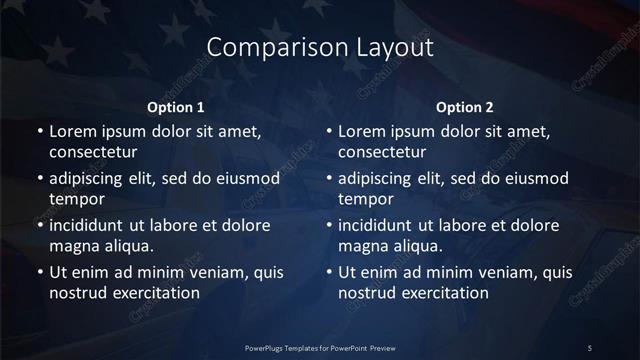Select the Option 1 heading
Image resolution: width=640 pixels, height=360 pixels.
coord(176,107)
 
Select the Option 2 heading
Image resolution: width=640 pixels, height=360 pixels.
coord(466,107)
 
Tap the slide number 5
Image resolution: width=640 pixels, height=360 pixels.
coord(590,347)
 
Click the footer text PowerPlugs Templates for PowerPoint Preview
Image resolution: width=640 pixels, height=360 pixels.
coord(319,347)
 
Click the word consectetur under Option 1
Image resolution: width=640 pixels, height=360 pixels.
coord(93,152)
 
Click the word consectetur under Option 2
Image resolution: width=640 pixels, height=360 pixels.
coord(383,152)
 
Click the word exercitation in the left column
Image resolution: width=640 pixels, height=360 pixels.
coord(154,293)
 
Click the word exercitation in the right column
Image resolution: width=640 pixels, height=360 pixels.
coord(444,293)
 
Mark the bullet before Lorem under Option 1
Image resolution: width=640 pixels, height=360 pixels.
coord(39,132)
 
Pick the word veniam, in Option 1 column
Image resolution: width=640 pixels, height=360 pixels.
coord(208,272)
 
